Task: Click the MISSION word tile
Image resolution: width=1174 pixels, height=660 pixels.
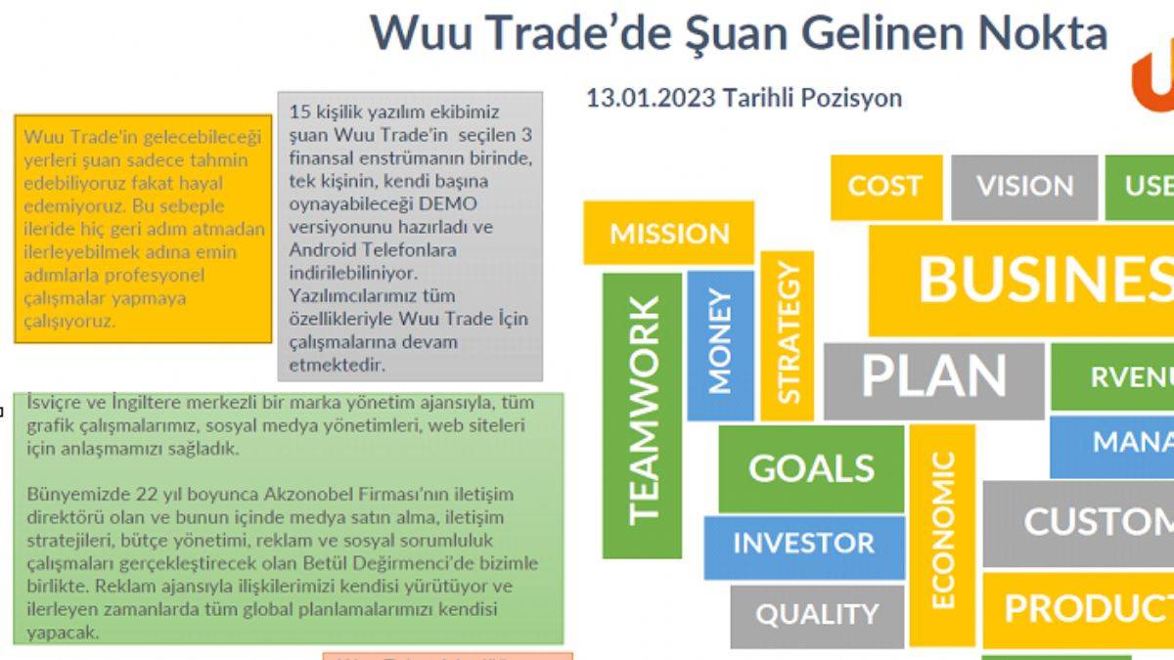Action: pyautogui.click(x=669, y=233)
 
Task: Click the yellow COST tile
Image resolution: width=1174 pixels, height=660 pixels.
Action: pyautogui.click(x=884, y=186)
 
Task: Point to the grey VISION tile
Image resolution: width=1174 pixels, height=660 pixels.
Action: pyautogui.click(x=1024, y=186)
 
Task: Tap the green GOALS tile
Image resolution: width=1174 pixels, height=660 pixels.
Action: pyautogui.click(x=811, y=468)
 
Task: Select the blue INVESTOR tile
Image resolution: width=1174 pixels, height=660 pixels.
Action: pyautogui.click(x=803, y=544)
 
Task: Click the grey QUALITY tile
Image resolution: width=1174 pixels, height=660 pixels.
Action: pyautogui.click(x=817, y=615)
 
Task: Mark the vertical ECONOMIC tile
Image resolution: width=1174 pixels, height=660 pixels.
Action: pyautogui.click(x=941, y=533)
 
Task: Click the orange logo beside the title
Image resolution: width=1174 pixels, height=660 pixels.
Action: pyautogui.click(x=1153, y=83)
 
